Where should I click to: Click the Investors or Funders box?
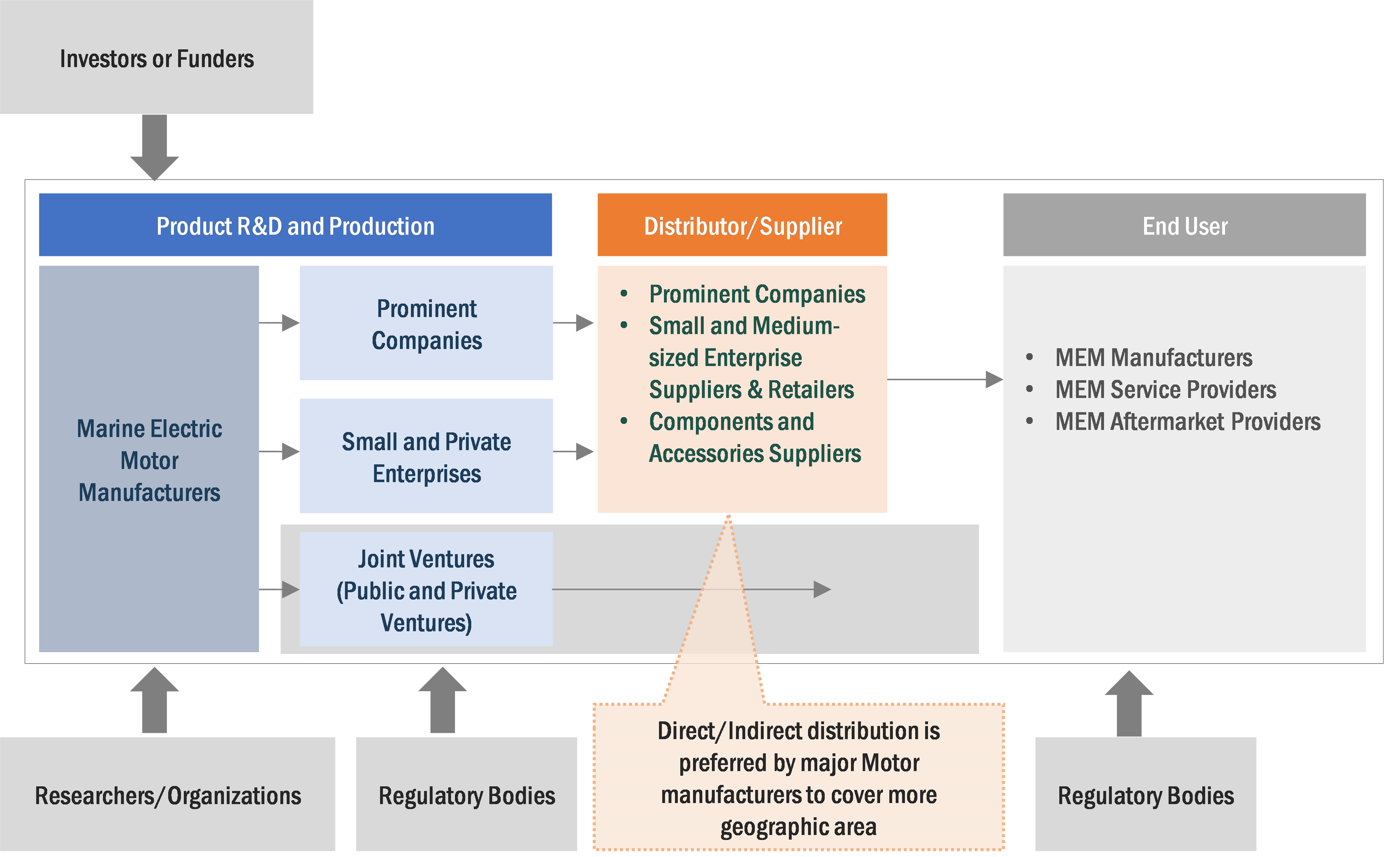point(156,57)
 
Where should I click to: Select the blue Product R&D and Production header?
point(295,225)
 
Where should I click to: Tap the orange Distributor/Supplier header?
point(742,225)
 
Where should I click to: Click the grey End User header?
point(1185,225)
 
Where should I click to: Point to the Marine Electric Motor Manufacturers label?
point(149,460)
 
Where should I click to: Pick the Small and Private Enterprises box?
point(426,457)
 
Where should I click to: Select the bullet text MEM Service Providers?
point(1165,390)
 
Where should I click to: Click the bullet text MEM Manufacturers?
point(1153,357)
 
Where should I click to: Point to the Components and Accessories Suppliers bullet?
point(754,438)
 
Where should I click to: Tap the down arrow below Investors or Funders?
point(155,147)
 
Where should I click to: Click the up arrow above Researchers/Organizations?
point(155,700)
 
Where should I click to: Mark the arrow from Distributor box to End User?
point(944,379)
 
